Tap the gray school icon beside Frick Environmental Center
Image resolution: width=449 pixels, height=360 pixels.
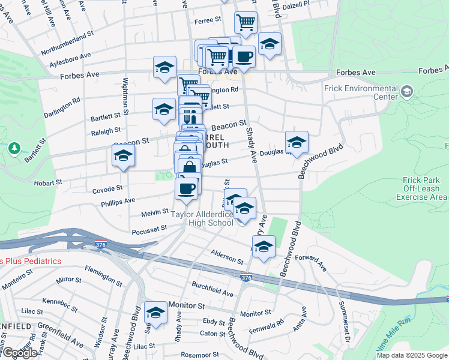click(408, 91)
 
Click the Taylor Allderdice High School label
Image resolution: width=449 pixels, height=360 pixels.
click(202, 219)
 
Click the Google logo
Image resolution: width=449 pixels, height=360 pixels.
click(19, 353)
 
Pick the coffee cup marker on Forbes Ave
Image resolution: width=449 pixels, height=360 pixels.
click(243, 57)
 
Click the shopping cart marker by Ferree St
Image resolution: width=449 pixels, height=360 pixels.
click(246, 23)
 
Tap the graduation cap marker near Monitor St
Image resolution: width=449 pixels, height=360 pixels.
click(155, 313)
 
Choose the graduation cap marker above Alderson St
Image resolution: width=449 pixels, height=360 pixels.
click(263, 246)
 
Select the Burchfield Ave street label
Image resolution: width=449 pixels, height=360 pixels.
click(212, 289)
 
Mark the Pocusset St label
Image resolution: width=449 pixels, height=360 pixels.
click(149, 229)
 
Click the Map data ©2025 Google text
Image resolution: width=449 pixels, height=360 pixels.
click(412, 355)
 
